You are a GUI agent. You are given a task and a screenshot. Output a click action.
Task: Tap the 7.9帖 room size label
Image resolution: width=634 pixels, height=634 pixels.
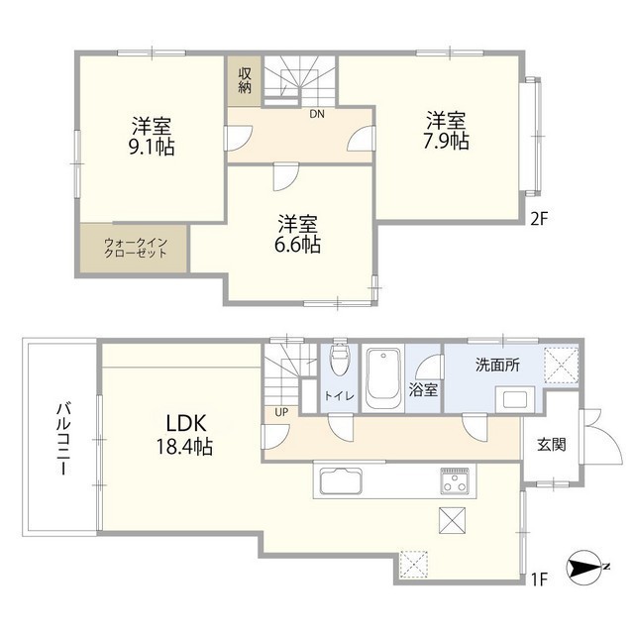(447, 142)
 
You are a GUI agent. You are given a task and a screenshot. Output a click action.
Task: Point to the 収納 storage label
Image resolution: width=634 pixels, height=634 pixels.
(245, 80)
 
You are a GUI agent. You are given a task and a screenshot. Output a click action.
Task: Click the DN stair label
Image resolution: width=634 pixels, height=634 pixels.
(316, 114)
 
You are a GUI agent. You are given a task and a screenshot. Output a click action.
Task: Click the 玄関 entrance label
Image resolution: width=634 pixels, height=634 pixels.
(552, 446)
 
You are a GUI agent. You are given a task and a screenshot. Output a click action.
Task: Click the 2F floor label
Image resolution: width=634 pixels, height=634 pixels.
(538, 218)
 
